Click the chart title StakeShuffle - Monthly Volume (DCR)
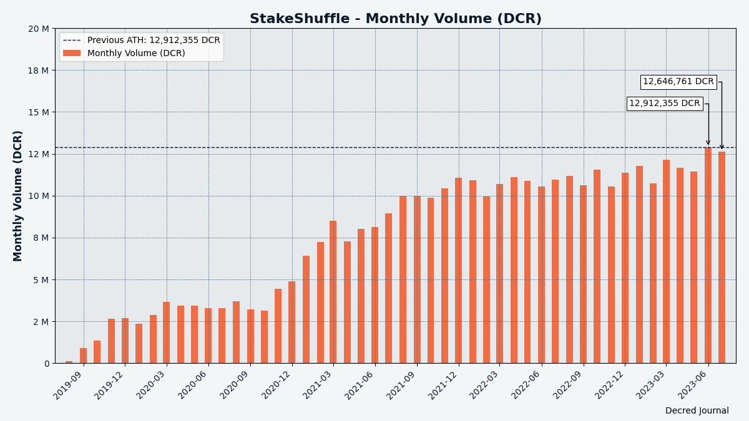click(x=395, y=19)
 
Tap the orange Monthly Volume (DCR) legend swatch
click(x=72, y=54)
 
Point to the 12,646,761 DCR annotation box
click(x=678, y=82)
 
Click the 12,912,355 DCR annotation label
click(x=664, y=104)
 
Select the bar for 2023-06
click(x=708, y=255)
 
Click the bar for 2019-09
click(x=83, y=356)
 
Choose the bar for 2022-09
click(x=583, y=274)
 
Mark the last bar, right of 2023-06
click(x=722, y=257)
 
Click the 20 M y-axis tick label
click(x=38, y=29)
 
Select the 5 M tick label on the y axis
click(x=41, y=280)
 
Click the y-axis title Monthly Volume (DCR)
click(x=18, y=196)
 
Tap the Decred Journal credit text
click(x=697, y=411)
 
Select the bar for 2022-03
click(x=499, y=273)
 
